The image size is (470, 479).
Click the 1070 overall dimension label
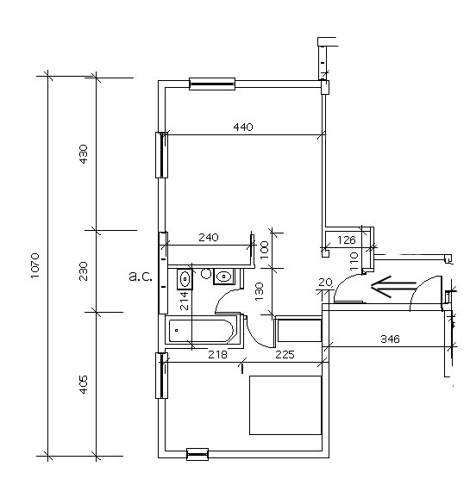pos(35,265)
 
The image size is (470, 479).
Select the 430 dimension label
pos(83,154)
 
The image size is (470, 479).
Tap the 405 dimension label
pos(83,384)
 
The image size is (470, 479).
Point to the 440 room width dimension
pos(243,127)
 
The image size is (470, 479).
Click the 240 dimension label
pos(209,238)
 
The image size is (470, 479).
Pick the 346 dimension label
pos(390,339)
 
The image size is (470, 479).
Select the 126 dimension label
pos(347,240)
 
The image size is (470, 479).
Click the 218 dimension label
pos(217,354)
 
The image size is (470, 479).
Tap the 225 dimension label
pos(285,354)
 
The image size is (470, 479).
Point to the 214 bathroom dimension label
pos(184,301)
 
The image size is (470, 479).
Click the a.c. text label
pos(141,277)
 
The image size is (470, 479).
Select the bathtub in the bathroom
pos(201,331)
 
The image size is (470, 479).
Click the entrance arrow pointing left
pos(393,287)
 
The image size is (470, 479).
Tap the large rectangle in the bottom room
pos(285,405)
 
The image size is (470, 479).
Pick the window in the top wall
pos(212,84)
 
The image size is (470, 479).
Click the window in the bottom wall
pos(197,454)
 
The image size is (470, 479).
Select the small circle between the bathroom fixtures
pos(206,274)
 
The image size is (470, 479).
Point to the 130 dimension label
pos(259,292)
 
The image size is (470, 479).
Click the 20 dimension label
pos(325,282)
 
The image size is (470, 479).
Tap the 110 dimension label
pos(354,261)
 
